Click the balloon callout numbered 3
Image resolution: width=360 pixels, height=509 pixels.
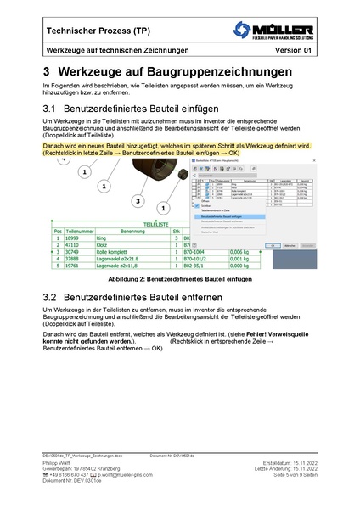[138, 201]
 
